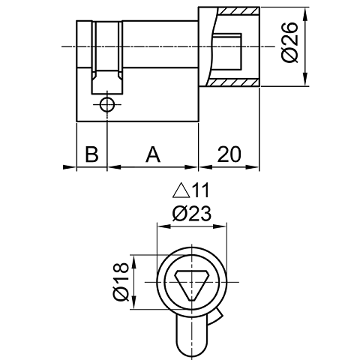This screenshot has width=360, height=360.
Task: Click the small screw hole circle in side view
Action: click(106, 105)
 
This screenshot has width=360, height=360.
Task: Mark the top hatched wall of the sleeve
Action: click(229, 13)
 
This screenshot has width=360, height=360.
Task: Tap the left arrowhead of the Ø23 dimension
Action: click(158, 225)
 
